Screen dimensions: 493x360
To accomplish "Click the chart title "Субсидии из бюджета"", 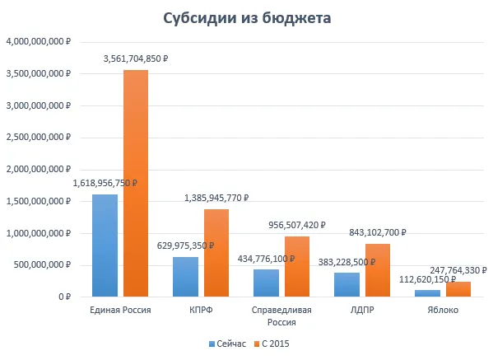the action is click(x=247, y=18).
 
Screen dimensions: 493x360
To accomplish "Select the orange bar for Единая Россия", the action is click(x=136, y=183).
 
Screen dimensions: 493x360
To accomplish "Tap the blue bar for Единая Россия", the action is click(x=105, y=245).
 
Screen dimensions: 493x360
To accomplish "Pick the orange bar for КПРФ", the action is click(x=216, y=253).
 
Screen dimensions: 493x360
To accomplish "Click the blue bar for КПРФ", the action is click(x=185, y=277).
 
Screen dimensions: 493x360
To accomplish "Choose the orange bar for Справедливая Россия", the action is click(x=297, y=267).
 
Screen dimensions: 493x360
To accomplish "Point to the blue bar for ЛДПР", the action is click(x=346, y=285).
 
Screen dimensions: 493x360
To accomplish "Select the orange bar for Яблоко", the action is click(x=458, y=289).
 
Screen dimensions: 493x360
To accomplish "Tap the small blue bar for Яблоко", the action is click(x=428, y=293).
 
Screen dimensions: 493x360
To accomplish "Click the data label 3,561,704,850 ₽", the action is click(x=136, y=58).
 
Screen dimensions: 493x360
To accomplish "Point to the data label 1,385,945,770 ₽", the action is click(x=216, y=198).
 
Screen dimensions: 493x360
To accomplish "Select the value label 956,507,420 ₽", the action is click(x=297, y=226).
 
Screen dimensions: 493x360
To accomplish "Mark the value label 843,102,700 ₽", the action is click(x=378, y=232).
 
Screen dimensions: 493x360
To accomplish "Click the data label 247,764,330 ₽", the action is click(x=458, y=270).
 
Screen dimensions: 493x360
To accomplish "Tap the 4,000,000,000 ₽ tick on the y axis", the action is click(x=39, y=41).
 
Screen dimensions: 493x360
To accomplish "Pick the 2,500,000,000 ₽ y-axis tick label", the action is click(x=39, y=138).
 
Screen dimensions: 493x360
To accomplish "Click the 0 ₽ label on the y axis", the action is click(x=65, y=297).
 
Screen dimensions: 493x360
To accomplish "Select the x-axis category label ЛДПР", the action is click(x=362, y=310).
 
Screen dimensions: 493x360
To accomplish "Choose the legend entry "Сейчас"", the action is click(x=227, y=344).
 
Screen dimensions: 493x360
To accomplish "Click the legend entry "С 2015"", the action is click(x=272, y=344).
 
